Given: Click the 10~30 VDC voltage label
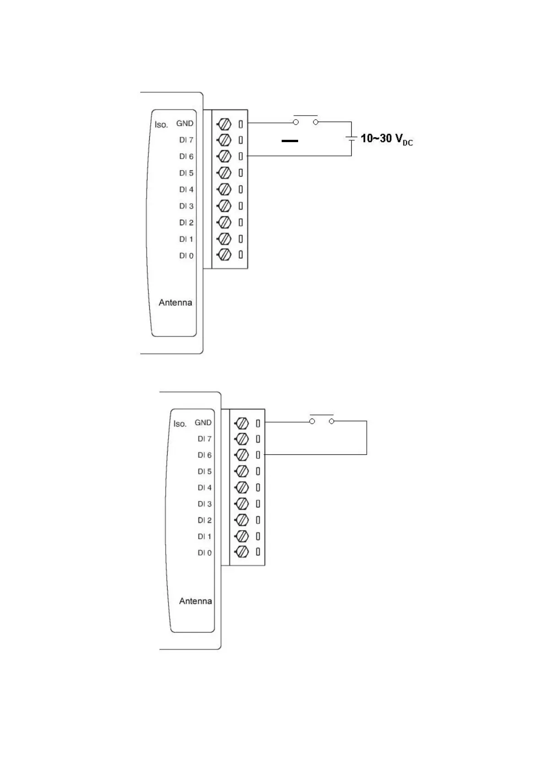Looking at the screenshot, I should tap(387, 138).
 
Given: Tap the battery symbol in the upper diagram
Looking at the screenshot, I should tap(351, 138).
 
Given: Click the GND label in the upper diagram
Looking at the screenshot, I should tap(185, 123).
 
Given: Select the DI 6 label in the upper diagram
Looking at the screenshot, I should tap(186, 156).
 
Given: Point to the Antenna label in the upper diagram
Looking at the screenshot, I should tap(175, 303).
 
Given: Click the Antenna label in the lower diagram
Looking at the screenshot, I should tap(196, 601).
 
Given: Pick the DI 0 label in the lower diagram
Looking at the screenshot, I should tap(205, 553).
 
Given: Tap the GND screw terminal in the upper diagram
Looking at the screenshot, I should tap(224, 124).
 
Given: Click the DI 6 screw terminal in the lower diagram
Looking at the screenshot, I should tap(242, 455).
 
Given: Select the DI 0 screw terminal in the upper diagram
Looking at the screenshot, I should tap(224, 254).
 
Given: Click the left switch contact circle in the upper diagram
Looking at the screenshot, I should tap(296, 122).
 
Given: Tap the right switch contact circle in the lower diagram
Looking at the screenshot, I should tap(332, 421).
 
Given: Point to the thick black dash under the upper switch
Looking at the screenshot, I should tap(289, 141).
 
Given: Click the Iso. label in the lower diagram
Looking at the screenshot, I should tap(180, 424).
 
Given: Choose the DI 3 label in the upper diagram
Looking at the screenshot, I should tap(186, 206).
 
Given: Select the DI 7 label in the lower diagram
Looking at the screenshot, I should tap(205, 439).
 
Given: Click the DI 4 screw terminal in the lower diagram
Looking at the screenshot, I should tap(242, 487).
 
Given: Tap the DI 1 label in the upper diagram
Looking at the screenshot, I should tap(186, 239).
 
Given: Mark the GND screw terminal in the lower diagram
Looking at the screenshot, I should tap(242, 423).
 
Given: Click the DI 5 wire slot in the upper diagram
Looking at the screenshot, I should tap(240, 173).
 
